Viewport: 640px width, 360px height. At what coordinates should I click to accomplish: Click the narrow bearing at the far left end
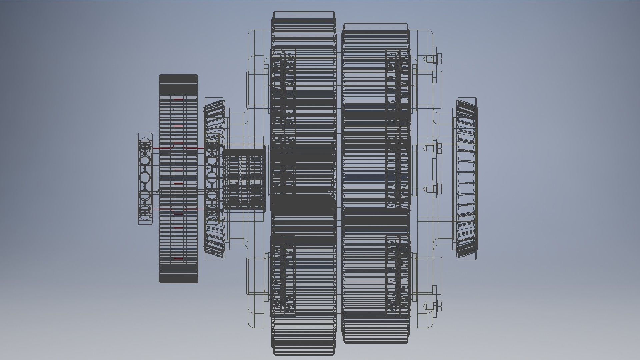pos(145,178)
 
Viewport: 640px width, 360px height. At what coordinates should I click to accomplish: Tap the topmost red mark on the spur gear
pos(179,99)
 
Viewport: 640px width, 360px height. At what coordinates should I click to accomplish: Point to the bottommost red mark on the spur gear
pos(179,258)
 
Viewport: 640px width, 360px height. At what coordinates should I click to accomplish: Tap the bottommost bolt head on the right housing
pos(438,305)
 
